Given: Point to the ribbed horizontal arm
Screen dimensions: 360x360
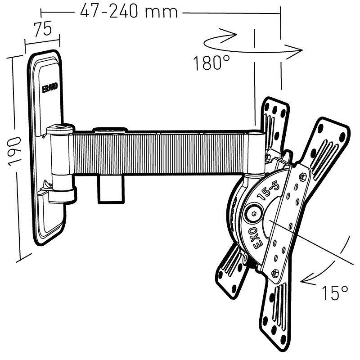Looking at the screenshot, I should tap(162, 153).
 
